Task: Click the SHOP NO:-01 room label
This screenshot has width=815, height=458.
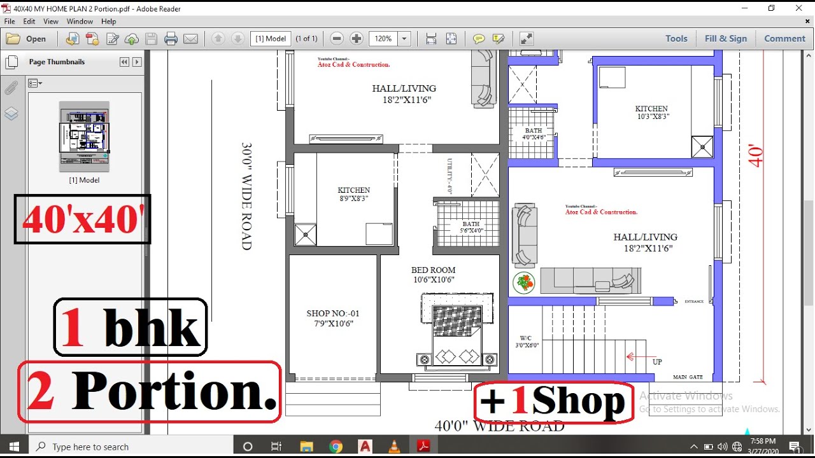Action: pyautogui.click(x=332, y=314)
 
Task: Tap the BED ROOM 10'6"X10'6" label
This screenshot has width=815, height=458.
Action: pyautogui.click(x=433, y=275)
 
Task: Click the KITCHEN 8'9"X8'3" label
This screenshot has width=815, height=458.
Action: pyautogui.click(x=353, y=194)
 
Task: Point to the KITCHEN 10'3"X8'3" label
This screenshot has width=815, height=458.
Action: pyautogui.click(x=652, y=113)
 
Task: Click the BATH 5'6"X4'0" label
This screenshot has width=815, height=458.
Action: pyautogui.click(x=471, y=227)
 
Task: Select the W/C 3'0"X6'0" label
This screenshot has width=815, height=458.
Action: pyautogui.click(x=527, y=342)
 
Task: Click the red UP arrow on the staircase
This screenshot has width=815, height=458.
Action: pyautogui.click(x=637, y=357)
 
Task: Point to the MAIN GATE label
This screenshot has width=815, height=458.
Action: pyautogui.click(x=688, y=377)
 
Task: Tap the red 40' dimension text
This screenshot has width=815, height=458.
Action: pyautogui.click(x=756, y=156)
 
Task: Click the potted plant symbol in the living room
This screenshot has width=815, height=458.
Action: pyautogui.click(x=523, y=282)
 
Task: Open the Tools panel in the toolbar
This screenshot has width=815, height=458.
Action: pyautogui.click(x=676, y=39)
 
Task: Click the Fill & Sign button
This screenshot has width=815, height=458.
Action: pyautogui.click(x=725, y=39)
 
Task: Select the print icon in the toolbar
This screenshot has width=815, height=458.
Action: pyautogui.click(x=171, y=39)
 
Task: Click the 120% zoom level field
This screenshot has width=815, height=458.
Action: pyautogui.click(x=383, y=39)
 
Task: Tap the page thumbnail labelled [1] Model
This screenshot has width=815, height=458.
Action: pyautogui.click(x=84, y=136)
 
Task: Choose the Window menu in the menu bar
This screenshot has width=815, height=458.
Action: pyautogui.click(x=80, y=22)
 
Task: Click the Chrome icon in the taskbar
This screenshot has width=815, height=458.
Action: pyautogui.click(x=336, y=447)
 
